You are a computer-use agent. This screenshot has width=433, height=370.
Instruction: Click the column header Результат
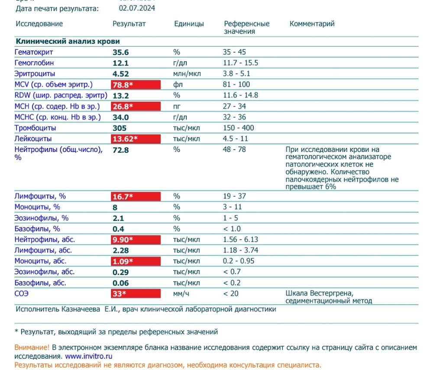129,24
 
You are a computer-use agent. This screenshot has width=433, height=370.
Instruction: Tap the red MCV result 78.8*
123,85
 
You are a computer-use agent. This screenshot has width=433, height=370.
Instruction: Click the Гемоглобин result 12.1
120,63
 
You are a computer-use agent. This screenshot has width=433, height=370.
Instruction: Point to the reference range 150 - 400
239,128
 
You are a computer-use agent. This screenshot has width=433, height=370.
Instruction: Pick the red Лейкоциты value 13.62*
125,139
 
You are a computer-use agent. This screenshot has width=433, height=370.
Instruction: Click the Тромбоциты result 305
120,128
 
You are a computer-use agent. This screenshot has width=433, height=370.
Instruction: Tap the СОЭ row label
22,294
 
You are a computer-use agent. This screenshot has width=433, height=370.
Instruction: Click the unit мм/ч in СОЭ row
182,294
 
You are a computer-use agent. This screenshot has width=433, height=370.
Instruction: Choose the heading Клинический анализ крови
68,42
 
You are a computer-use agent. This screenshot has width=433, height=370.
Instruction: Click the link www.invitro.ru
89,357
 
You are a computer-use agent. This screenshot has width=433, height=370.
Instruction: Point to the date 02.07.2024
137,8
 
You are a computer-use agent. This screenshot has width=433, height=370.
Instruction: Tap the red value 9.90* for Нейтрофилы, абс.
123,240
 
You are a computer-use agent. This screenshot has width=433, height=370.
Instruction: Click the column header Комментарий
312,24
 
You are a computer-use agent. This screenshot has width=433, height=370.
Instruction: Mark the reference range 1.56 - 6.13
241,240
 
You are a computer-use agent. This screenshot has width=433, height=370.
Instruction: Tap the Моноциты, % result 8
115,207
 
